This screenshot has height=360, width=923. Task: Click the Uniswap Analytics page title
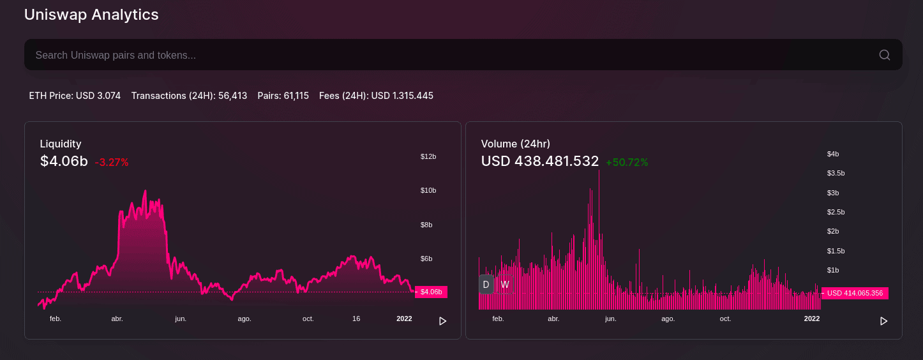(91, 15)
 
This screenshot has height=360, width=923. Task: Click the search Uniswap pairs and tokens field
(447, 55)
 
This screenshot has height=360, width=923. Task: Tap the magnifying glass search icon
(884, 55)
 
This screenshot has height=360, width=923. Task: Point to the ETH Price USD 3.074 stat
(75, 96)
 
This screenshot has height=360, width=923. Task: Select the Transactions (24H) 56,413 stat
(189, 96)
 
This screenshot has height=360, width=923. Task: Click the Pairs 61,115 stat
(283, 96)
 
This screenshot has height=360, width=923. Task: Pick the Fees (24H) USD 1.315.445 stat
(376, 96)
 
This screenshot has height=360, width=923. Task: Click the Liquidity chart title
(61, 144)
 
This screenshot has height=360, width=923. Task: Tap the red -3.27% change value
(112, 162)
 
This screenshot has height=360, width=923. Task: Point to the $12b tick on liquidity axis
(428, 156)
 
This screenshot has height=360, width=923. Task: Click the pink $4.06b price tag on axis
(431, 292)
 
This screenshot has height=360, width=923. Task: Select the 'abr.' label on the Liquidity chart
(117, 319)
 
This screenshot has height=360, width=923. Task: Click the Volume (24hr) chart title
(515, 144)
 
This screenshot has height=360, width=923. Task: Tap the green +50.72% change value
(627, 162)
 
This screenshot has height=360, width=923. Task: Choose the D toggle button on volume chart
(486, 284)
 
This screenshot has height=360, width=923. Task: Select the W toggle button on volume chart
(505, 284)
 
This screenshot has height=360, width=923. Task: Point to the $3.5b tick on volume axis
(836, 173)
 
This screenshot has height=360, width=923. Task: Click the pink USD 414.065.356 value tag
(854, 293)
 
